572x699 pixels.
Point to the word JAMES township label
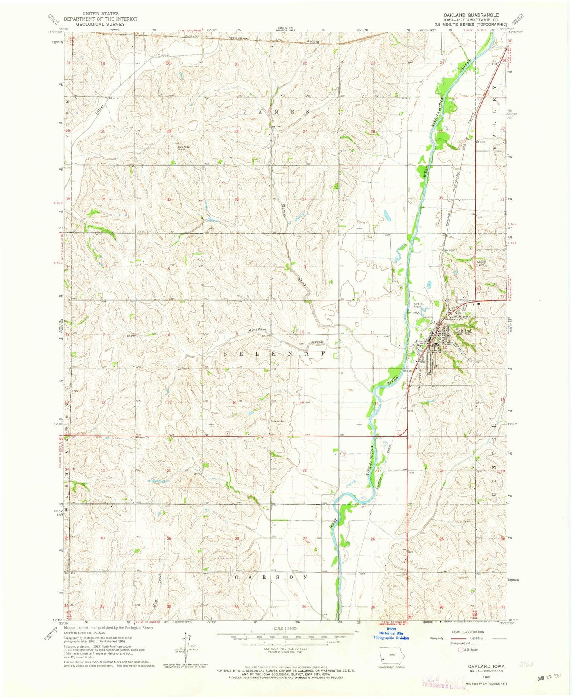coord(276,112)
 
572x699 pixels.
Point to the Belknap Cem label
coord(279,421)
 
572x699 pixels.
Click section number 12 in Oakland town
coord(445,347)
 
